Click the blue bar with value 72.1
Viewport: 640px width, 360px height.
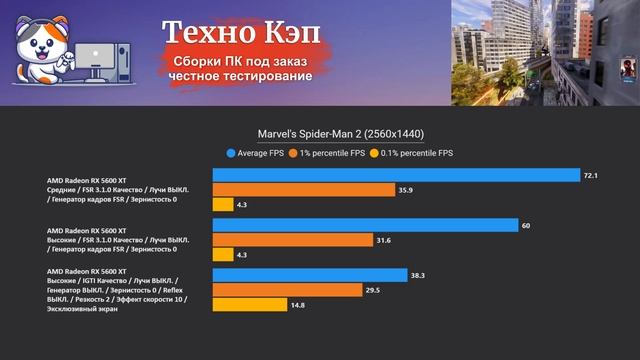(x=396, y=175)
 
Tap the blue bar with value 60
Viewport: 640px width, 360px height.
(x=365, y=225)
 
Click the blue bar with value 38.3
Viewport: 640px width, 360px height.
(x=309, y=275)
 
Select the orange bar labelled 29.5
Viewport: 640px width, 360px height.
(x=287, y=290)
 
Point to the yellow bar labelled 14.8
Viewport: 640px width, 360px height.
(x=249, y=305)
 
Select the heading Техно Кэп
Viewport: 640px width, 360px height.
(x=242, y=34)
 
